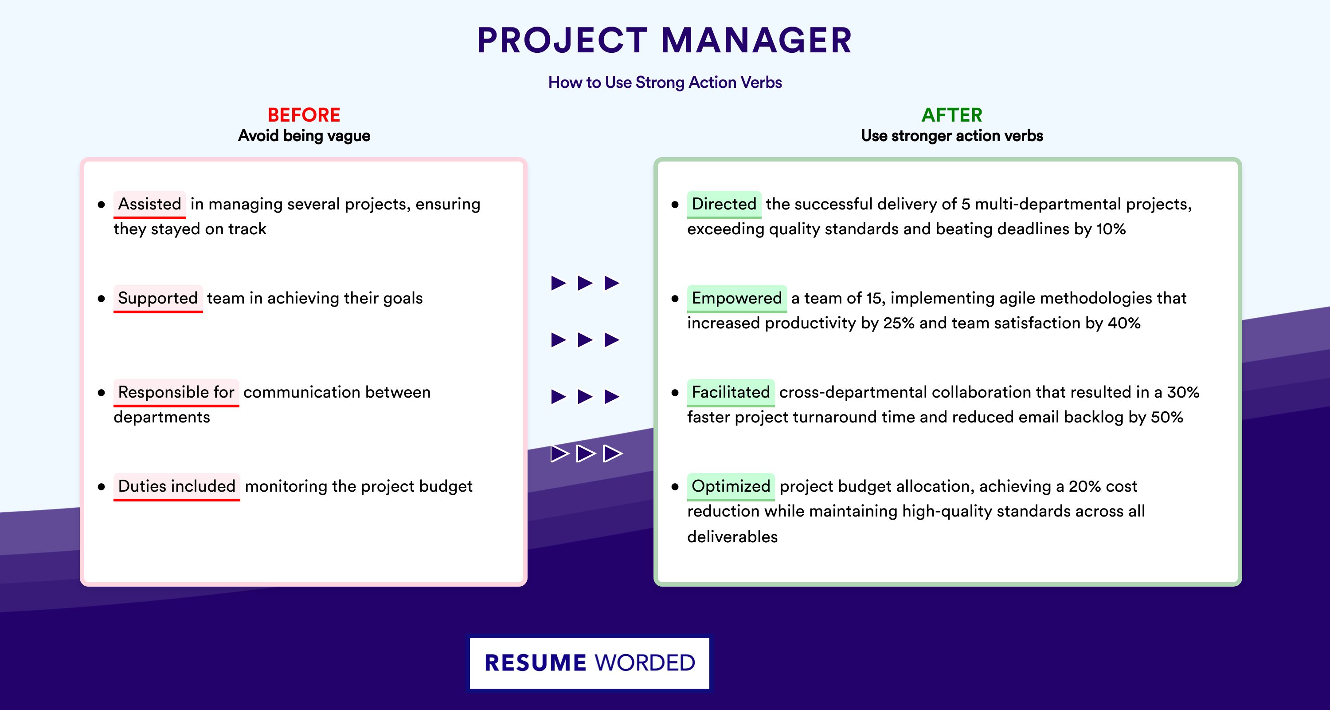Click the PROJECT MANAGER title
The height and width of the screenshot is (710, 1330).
point(665,40)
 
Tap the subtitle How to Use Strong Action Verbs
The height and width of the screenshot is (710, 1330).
point(665,82)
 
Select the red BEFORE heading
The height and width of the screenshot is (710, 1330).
point(304,115)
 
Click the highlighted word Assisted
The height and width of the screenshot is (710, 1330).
point(150,204)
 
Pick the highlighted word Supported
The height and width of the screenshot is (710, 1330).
point(158,298)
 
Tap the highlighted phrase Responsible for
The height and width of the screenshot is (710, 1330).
point(176,392)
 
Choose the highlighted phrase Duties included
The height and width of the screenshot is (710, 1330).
point(176,486)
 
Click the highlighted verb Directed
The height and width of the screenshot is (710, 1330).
point(724,204)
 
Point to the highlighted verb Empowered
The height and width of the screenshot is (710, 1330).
point(737,298)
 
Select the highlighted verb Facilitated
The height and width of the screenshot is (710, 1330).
point(731,392)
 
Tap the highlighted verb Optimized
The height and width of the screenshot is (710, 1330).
point(731,486)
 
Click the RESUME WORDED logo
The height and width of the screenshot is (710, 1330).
point(590,663)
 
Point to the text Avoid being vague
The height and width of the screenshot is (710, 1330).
point(304,136)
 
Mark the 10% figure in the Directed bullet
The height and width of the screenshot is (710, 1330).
point(1111,229)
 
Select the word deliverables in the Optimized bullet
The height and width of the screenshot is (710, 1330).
point(732,537)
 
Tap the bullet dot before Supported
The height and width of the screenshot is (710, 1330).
point(101,299)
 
